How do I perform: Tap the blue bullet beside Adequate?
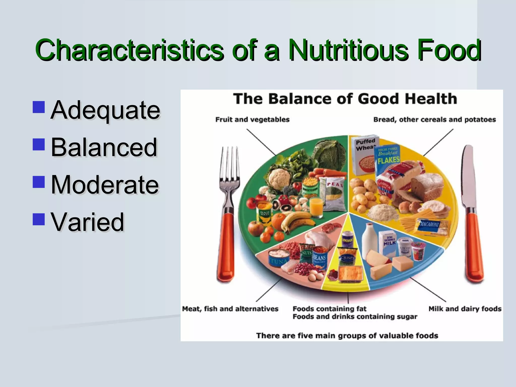pos(39,107)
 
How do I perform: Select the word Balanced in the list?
pos(104,147)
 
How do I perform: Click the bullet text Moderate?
pos(105,185)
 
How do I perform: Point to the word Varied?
pos(87,222)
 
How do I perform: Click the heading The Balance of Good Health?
pos(345,99)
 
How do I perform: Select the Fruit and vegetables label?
pos(252,119)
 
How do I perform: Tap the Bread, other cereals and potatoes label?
pos(434,119)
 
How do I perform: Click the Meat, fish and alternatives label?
pos(230,309)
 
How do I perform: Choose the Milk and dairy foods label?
pos(465,309)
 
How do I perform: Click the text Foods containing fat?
pos(329,309)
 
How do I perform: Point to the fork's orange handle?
pos(226,247)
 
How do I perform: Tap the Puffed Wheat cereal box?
pos(364,156)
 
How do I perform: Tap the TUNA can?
pos(279,260)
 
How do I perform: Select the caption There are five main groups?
pos(347,336)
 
